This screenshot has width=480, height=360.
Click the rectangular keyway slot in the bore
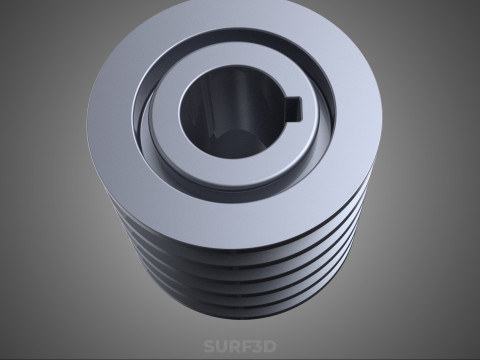[x=295, y=108]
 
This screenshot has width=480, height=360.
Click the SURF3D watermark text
[x=240, y=346]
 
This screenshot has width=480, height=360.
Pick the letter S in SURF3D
[x=209, y=346]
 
